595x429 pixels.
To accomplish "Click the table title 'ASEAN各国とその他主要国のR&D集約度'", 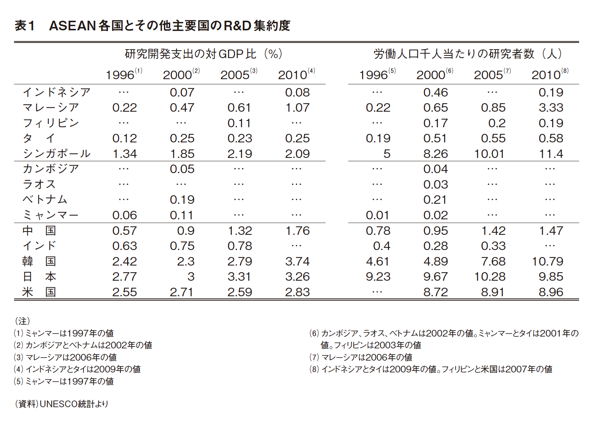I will (169, 26).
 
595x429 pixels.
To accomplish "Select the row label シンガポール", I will (57, 153).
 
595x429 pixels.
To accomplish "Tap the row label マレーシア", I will (51, 108).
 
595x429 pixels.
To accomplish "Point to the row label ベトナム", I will (45, 200).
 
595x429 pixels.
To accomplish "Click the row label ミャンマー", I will (51, 215).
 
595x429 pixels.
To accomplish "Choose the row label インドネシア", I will (57, 92).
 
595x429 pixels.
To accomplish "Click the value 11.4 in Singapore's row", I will (551, 154).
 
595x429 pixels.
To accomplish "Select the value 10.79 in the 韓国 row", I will (547, 261).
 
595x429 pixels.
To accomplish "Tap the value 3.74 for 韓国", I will (297, 261).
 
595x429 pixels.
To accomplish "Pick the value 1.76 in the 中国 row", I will (297, 231).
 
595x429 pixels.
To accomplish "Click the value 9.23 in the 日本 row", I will (378, 277).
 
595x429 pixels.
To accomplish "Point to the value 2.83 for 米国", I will (297, 292).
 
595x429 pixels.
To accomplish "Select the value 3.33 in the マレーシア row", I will (551, 108).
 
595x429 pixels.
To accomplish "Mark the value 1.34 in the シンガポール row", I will (125, 154).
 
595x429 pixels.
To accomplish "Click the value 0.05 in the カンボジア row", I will (182, 169).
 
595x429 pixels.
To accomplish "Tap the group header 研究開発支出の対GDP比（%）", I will (204, 54).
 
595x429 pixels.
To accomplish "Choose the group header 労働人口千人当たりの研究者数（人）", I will (467, 54).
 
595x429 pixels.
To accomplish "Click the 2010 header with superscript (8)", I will (550, 74).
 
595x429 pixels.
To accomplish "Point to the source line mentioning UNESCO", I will (62, 404).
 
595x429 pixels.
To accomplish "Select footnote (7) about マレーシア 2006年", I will (361, 357).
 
